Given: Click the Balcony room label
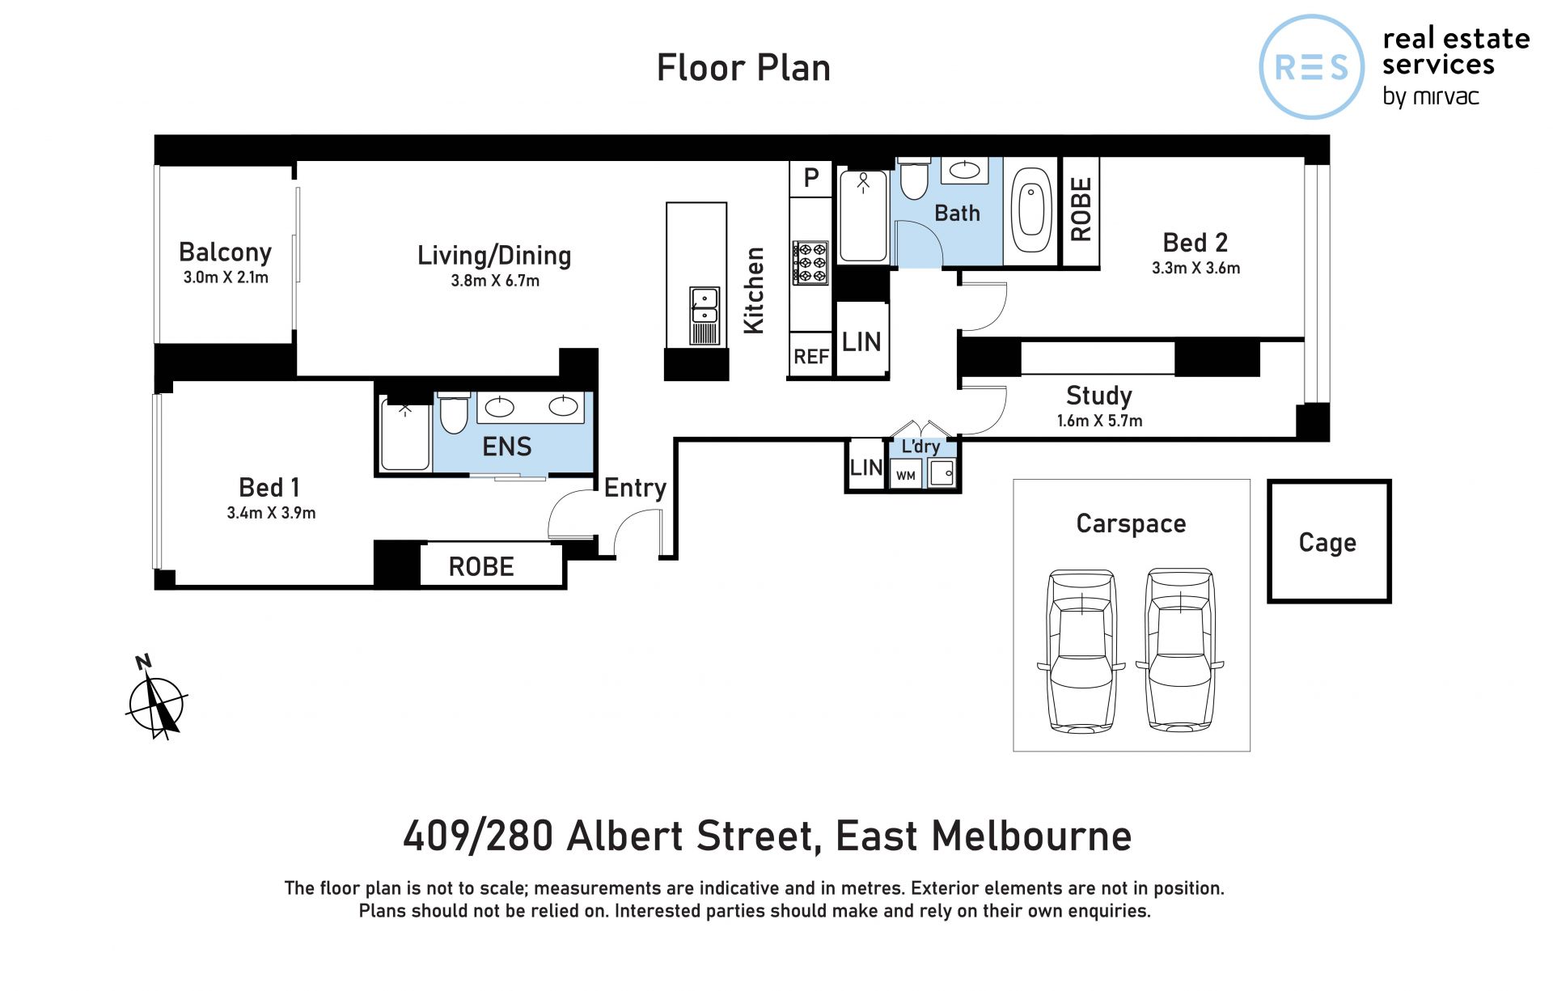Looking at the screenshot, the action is (x=225, y=252).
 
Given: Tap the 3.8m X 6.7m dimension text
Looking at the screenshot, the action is (x=495, y=281).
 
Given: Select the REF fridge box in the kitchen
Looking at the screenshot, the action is (x=810, y=355).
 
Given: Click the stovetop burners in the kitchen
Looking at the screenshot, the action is (x=810, y=262).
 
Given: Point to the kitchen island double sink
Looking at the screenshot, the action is (x=704, y=305).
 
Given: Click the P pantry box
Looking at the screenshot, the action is (x=811, y=177).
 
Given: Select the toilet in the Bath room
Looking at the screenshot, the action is (x=914, y=179).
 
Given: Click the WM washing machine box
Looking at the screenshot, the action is (x=906, y=475).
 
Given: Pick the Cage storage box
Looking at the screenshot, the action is (x=1328, y=541).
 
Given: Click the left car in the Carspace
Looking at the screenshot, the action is (x=1081, y=650).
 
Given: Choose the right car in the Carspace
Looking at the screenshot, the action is (x=1180, y=650).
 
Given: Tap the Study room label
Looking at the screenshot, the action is (x=1098, y=395).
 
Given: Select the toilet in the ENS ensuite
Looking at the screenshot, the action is (x=454, y=413).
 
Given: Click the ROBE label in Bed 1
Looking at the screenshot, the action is (x=481, y=566).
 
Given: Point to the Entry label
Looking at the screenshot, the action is (x=635, y=488).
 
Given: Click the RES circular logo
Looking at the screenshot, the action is (x=1312, y=66).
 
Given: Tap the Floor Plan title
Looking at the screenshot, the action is (x=743, y=67).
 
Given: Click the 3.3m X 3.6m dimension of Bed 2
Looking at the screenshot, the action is (x=1195, y=268).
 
